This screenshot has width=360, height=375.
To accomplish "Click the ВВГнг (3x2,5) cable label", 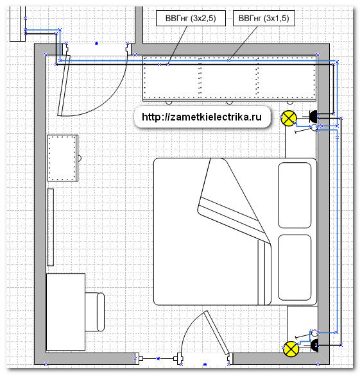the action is coord(191,18).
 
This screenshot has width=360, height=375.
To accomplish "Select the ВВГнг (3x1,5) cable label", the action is coord(264,18).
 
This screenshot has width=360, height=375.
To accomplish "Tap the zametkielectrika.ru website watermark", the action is coord(201,117).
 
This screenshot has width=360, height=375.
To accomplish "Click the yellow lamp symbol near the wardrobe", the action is coord(289,118).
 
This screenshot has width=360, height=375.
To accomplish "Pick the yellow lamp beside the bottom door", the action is coord(291,349).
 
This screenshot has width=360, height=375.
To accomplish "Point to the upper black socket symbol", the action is coord(313,117).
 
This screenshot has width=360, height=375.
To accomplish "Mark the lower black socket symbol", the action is coord(314,346).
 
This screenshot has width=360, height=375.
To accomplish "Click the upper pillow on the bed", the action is coord(295,195).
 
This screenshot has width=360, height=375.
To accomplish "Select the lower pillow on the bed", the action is coord(295,267).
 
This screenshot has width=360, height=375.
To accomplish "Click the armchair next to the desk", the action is coord(95,312).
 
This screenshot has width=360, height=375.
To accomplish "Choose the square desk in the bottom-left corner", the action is coord(65,312).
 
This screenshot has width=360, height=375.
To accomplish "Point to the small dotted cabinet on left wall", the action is coord(62,158).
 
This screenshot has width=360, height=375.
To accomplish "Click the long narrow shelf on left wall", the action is coord(50,227).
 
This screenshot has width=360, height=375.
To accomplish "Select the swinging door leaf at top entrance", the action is coord(64,85).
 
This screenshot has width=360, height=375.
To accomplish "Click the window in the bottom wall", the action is coord(158,358).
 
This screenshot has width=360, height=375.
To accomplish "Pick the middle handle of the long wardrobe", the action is coord(229,103).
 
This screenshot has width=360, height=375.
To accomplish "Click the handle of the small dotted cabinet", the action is coord(80,158).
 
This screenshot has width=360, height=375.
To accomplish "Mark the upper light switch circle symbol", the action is coord(314,127).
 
